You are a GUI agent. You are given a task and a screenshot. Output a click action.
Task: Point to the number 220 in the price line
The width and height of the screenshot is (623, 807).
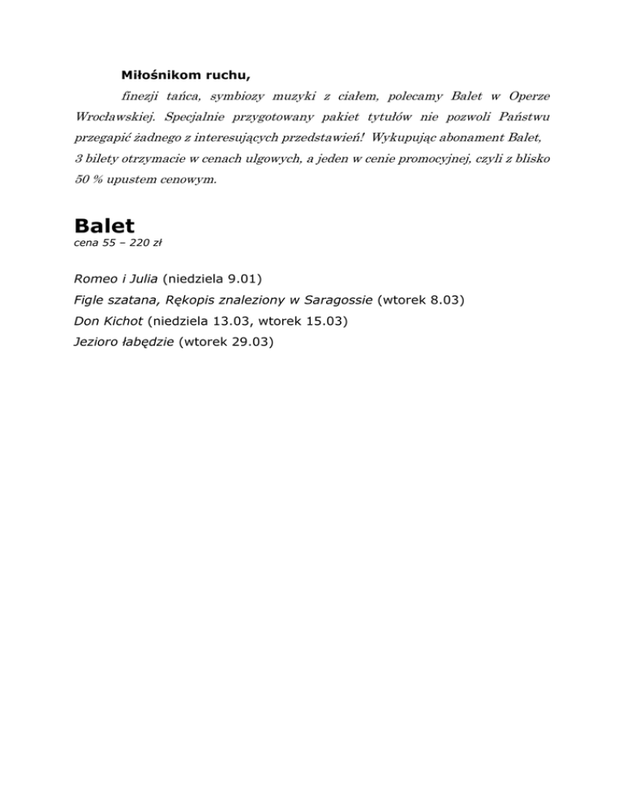[139, 243]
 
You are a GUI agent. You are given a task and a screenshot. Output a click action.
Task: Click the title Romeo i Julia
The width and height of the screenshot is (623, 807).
[115, 279]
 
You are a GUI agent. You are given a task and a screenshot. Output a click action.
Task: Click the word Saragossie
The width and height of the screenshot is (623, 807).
[333, 300]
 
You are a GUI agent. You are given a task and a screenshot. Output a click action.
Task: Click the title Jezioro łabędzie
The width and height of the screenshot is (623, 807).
[123, 342]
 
